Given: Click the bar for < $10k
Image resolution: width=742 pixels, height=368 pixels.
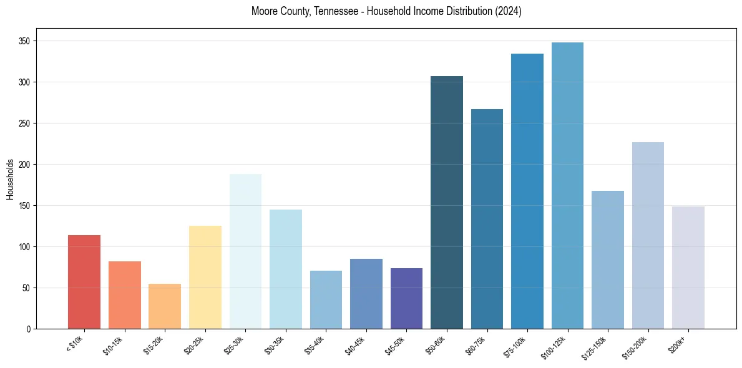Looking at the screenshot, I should [84, 282].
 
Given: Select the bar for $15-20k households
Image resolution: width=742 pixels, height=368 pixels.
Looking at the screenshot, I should [165, 306].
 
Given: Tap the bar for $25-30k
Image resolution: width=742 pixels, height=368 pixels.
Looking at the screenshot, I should [245, 251].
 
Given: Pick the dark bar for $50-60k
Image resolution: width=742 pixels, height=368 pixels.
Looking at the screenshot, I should [447, 203].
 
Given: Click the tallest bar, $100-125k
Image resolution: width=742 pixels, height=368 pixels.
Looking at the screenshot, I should [567, 186].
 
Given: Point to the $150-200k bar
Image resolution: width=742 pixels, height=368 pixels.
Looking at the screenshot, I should [648, 236].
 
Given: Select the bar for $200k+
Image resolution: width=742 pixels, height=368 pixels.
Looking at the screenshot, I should [688, 268].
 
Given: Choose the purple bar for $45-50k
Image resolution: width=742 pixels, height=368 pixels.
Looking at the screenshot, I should [406, 298].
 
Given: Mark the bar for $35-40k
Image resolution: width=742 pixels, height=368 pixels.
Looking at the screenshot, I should [326, 299].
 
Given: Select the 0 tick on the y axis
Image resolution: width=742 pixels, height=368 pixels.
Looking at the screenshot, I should [29, 329].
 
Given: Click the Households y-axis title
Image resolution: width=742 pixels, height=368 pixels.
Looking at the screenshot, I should [10, 179].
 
